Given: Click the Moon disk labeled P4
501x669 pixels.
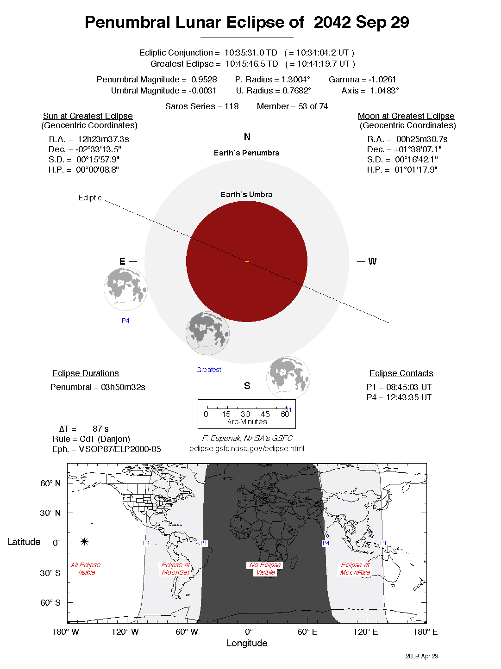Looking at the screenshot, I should (x=125, y=289).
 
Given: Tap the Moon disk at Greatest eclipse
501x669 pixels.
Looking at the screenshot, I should (x=207, y=333).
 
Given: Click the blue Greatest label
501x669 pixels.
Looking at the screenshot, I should (x=208, y=370).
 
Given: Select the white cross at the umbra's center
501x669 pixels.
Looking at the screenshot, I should (x=247, y=262).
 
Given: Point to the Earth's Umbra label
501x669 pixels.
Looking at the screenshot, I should (x=246, y=195).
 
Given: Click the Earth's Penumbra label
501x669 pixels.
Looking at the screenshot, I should (x=246, y=153).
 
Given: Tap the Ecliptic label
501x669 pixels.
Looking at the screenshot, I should (x=90, y=198).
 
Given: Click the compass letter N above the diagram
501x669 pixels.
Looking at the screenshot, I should (x=247, y=137).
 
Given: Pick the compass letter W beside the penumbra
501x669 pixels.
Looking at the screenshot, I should (x=372, y=261).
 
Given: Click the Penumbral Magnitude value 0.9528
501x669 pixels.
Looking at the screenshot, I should (x=204, y=80).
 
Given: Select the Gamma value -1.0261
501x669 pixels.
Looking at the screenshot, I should (x=382, y=80).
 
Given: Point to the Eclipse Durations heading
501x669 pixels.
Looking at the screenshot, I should (x=85, y=373).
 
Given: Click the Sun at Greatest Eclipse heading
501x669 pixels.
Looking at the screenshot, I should (x=88, y=116).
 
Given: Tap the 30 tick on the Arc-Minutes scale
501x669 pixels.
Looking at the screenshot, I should (x=245, y=414).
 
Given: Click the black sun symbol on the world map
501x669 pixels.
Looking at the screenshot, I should (x=84, y=541).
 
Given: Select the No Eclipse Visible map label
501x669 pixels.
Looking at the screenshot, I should (x=265, y=569).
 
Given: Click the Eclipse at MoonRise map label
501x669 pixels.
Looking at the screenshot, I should (x=355, y=569).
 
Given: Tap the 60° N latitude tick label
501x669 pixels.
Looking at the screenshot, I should (x=50, y=483).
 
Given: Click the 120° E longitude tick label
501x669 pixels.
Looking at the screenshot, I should (x=365, y=632).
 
